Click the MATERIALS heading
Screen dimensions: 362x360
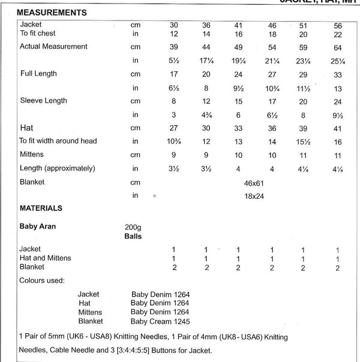41,208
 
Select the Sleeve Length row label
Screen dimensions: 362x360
43,100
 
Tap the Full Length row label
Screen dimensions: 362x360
38,74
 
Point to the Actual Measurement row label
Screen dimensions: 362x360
53,47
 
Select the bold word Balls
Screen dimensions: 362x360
132,237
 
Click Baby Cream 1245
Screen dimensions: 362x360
160,321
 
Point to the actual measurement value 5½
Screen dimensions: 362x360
173,60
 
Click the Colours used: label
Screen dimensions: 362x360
42,280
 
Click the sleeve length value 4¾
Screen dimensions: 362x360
206,115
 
